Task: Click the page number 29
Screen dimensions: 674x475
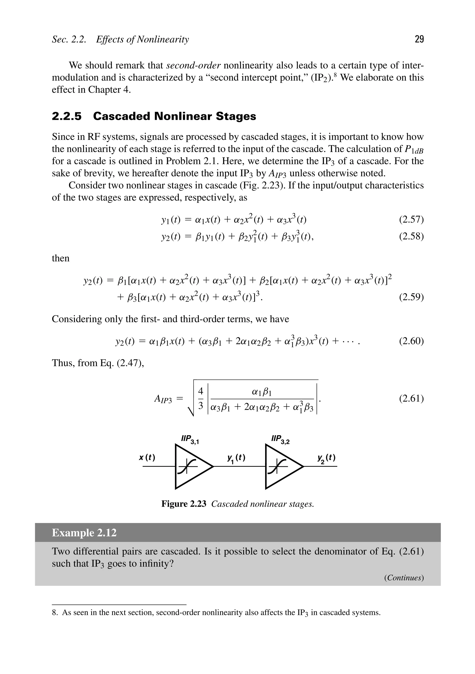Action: [x=419, y=39]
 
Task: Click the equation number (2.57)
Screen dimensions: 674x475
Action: [x=411, y=219]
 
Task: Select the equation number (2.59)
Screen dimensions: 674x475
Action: [x=411, y=297]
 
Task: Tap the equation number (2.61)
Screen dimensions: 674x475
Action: [x=411, y=398]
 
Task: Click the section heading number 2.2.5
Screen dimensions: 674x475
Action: [x=67, y=116]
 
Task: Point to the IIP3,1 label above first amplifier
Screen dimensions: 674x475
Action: [x=190, y=440]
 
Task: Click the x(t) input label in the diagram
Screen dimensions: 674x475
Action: [x=147, y=457]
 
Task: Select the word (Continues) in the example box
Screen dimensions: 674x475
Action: [x=404, y=578]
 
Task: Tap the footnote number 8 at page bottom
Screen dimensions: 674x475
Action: [x=54, y=613]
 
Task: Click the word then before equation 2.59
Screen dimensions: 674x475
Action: [x=61, y=258]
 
